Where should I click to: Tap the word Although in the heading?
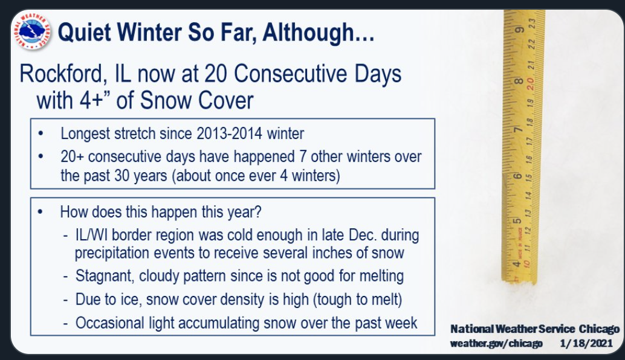(308, 32)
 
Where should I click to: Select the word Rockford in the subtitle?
(63, 74)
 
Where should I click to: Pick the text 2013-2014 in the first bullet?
(229, 133)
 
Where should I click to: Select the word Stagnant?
(105, 276)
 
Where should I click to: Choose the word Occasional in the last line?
(110, 323)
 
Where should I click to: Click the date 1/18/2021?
(586, 343)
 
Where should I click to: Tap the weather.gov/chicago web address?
(496, 343)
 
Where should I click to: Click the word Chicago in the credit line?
(599, 329)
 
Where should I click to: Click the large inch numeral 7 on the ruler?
(518, 130)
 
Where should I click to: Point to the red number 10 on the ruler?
(526, 263)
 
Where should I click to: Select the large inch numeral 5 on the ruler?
(517, 221)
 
